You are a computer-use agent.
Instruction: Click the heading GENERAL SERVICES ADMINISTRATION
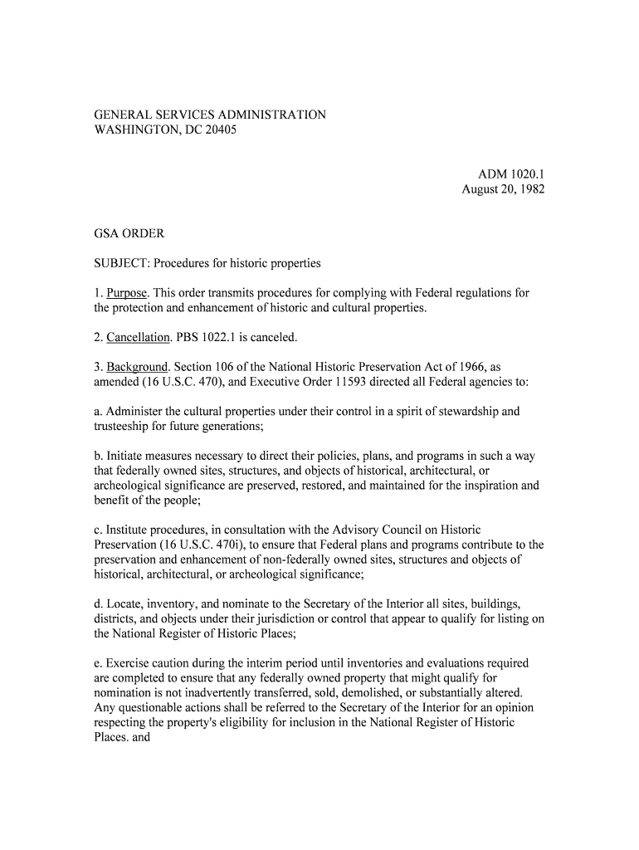(209, 115)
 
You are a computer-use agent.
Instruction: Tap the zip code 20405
(219, 131)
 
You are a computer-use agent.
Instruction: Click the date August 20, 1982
(503, 190)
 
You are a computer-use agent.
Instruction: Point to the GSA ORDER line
(129, 234)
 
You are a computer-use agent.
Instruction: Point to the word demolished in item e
(398, 692)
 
